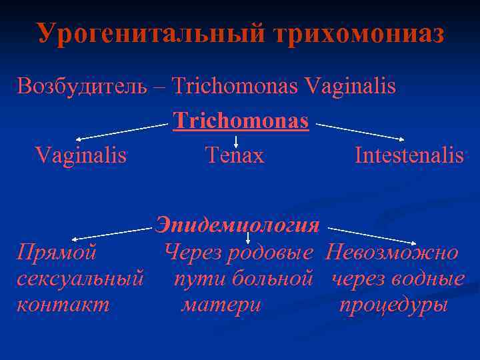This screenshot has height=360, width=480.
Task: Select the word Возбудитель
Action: point(82,86)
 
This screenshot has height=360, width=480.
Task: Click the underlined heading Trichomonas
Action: point(241,121)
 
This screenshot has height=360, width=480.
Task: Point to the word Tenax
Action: point(235,155)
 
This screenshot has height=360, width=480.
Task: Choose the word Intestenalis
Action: point(409,155)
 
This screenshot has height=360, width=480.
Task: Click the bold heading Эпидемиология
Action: point(237,225)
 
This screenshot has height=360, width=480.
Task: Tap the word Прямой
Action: point(57,253)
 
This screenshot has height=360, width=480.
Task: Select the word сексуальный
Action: point(81,279)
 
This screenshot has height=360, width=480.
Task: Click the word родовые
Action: point(270,253)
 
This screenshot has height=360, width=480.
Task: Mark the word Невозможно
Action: point(392,253)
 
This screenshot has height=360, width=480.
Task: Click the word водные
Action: point(431,279)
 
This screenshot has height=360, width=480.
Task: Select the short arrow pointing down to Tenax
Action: point(236,140)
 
